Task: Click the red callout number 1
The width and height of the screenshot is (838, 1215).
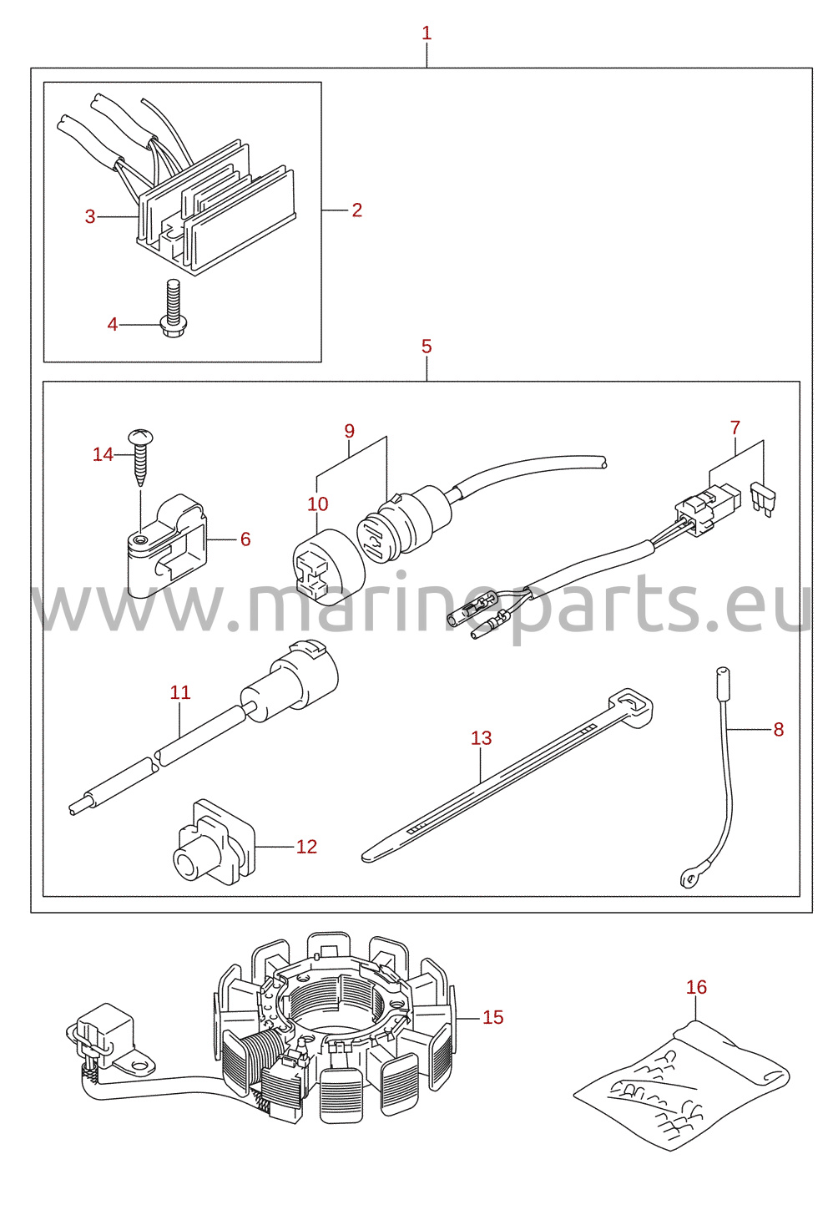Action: [427, 33]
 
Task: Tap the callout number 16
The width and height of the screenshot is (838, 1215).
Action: [697, 987]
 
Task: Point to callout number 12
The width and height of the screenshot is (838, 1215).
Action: [306, 846]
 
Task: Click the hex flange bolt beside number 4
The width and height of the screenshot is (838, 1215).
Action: [173, 308]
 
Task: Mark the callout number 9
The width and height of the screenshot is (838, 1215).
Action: [349, 431]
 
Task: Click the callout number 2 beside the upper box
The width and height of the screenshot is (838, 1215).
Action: [356, 210]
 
